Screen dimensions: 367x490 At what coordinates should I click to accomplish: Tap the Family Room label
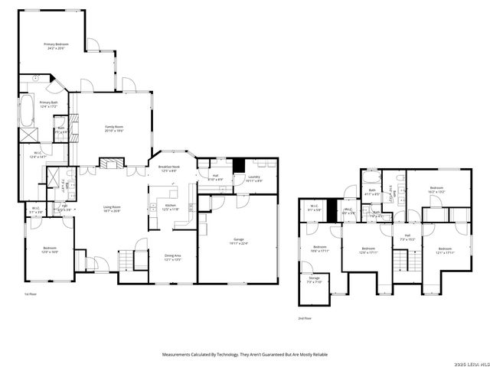click(x=113, y=128)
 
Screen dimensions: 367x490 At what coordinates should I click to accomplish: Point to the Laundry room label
click(x=255, y=179)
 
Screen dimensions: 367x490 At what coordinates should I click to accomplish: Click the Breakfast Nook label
click(x=168, y=169)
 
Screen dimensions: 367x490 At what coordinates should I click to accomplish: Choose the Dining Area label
click(x=172, y=258)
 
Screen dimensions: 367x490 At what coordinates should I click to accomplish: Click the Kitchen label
click(x=171, y=207)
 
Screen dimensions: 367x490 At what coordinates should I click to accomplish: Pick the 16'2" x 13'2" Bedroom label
click(x=436, y=190)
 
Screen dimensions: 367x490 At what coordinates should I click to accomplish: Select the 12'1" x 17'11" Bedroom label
click(x=446, y=250)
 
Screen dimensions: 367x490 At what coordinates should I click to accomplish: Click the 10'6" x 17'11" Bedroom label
click(x=320, y=249)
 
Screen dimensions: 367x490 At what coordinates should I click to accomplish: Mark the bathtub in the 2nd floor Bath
click(x=372, y=178)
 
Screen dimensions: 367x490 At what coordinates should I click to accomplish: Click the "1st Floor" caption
click(x=31, y=294)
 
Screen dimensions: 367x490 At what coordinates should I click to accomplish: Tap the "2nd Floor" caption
click(x=305, y=318)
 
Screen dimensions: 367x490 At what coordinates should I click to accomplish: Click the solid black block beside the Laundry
click(x=238, y=165)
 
